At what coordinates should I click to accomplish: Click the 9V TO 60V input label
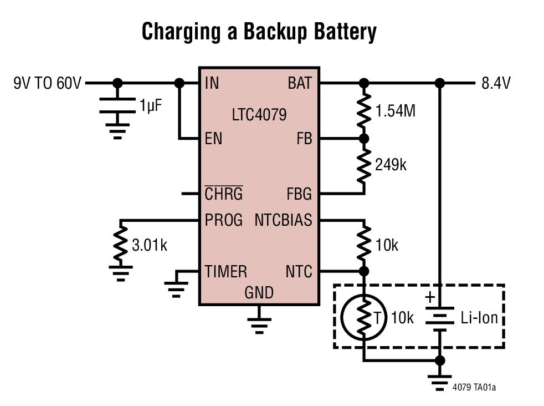point(48,84)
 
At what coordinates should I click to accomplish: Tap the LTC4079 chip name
point(259,115)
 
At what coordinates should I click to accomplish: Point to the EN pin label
point(213,139)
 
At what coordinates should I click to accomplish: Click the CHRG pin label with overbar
point(223,194)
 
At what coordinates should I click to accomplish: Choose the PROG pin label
point(224,221)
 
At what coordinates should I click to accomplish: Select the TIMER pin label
point(225,272)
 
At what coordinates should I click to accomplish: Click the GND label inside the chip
point(259,292)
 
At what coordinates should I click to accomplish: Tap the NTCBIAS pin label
point(283,221)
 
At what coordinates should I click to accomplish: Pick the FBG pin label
point(299,194)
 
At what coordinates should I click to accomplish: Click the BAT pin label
point(300,84)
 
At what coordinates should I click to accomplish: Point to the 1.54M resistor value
point(395,111)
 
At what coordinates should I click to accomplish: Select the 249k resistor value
point(391,165)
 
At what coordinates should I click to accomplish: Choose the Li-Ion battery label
point(479,318)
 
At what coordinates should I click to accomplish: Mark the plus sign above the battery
point(430,297)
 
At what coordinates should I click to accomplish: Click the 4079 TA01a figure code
point(474,387)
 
